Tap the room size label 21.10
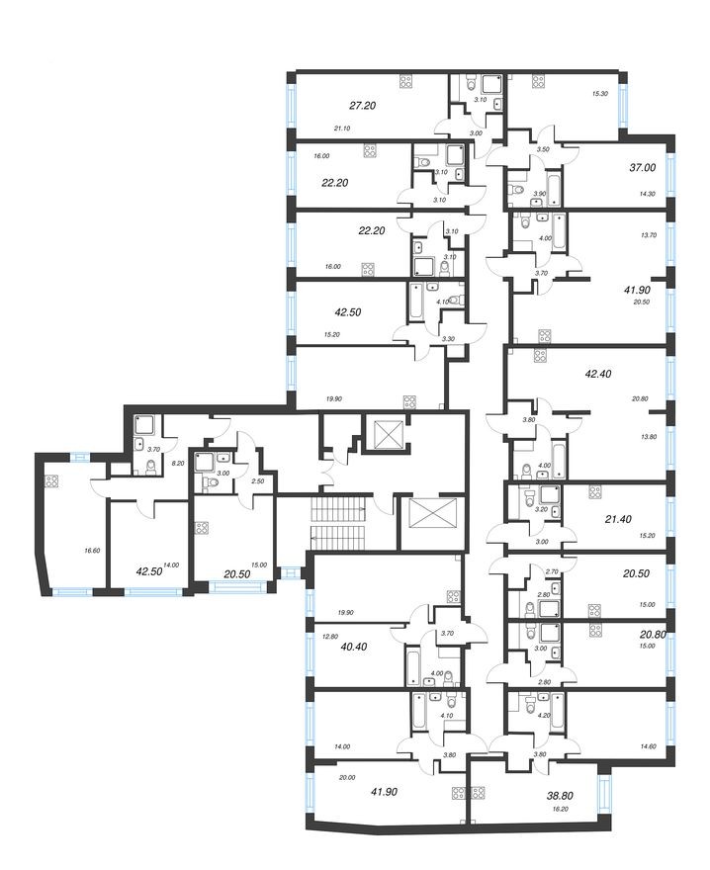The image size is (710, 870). pyautogui.click(x=343, y=128)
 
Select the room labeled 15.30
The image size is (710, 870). pyautogui.click(x=599, y=94)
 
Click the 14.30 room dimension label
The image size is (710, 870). pyautogui.click(x=648, y=195)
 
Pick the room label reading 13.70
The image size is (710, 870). pyautogui.click(x=649, y=235)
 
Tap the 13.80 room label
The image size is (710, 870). pyautogui.click(x=649, y=436)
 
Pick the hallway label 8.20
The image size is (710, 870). pyautogui.click(x=179, y=462)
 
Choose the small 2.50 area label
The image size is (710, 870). pyautogui.click(x=257, y=481)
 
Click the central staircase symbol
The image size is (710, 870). pyautogui.click(x=338, y=524)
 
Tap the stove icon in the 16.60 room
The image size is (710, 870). pyautogui.click(x=51, y=481)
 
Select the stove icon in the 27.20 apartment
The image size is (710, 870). pyautogui.click(x=405, y=82)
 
